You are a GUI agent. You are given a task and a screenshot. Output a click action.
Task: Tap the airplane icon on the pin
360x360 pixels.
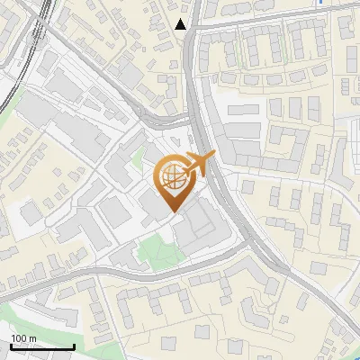[x=198, y=165]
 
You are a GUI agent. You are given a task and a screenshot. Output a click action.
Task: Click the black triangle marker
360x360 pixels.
[x=181, y=24]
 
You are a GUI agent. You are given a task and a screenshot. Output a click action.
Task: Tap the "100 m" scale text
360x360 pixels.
[x=24, y=337]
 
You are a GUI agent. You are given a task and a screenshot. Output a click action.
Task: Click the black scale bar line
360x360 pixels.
[x=41, y=346]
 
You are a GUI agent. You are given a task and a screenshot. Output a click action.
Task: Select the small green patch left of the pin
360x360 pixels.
[x=138, y=163]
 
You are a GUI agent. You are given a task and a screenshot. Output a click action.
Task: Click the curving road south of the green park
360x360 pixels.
[x=180, y=270]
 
